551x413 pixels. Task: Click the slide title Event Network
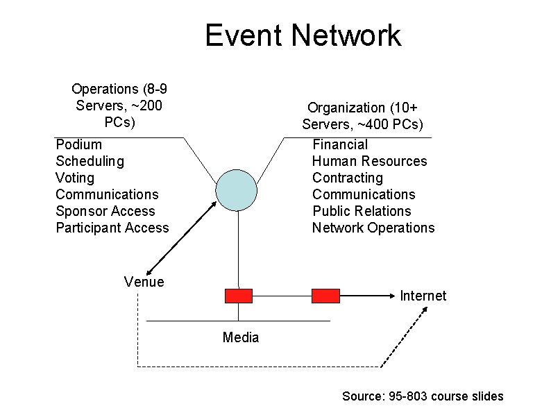pyautogui.click(x=303, y=35)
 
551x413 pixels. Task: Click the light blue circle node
pyautogui.click(x=237, y=188)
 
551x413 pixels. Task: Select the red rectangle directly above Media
pyautogui.click(x=239, y=296)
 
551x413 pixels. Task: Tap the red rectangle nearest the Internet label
pyautogui.click(x=325, y=296)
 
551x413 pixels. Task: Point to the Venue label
pyautogui.click(x=144, y=282)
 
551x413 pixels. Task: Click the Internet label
pyautogui.click(x=423, y=296)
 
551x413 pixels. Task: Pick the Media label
pyautogui.click(x=241, y=338)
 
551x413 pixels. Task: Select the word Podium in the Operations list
pyautogui.click(x=78, y=144)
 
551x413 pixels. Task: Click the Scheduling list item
pyautogui.click(x=90, y=161)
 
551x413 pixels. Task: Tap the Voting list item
pyautogui.click(x=74, y=178)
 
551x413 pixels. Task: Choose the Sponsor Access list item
pyautogui.click(x=105, y=211)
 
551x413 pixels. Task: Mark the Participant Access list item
pyautogui.click(x=112, y=228)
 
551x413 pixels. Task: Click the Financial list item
pyautogui.click(x=340, y=144)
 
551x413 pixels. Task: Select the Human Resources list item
pyautogui.click(x=370, y=161)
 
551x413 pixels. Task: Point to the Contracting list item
pyautogui.click(x=347, y=178)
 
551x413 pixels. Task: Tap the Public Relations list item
pyautogui.click(x=362, y=211)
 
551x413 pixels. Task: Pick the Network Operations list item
pyautogui.click(x=373, y=228)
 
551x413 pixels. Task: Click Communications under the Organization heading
pyautogui.click(x=364, y=194)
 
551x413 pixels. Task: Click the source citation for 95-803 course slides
pyautogui.click(x=423, y=396)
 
